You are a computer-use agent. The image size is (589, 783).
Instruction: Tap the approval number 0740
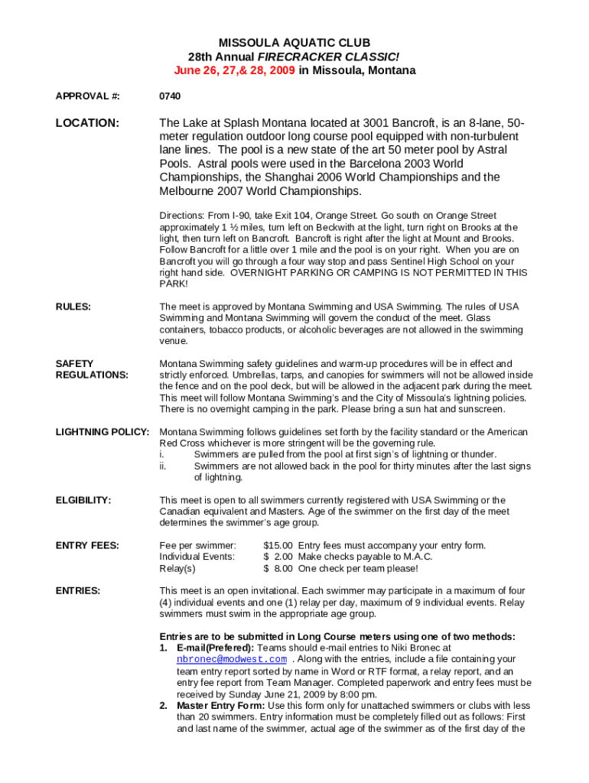pos(170,97)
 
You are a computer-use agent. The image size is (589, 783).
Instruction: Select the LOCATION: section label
pos(87,123)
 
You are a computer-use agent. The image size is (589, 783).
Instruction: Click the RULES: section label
pos(73,307)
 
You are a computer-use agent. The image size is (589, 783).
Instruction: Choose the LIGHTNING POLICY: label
pos(103,432)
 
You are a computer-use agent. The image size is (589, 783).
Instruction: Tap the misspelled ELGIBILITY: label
pos(83,500)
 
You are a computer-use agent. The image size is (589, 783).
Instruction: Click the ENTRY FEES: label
pos(87,545)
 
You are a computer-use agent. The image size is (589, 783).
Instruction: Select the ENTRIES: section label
pos(79,590)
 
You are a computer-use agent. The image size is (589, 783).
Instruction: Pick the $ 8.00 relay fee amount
pos(278,568)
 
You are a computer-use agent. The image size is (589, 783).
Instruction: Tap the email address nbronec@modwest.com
pos(232,659)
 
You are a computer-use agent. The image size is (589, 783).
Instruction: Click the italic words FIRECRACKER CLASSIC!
pos(328,57)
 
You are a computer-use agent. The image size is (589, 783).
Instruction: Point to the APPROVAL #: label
pos(88,97)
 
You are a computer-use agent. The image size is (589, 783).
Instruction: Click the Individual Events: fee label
pos(197,557)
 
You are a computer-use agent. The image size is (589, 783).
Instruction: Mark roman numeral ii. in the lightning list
pos(164,466)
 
